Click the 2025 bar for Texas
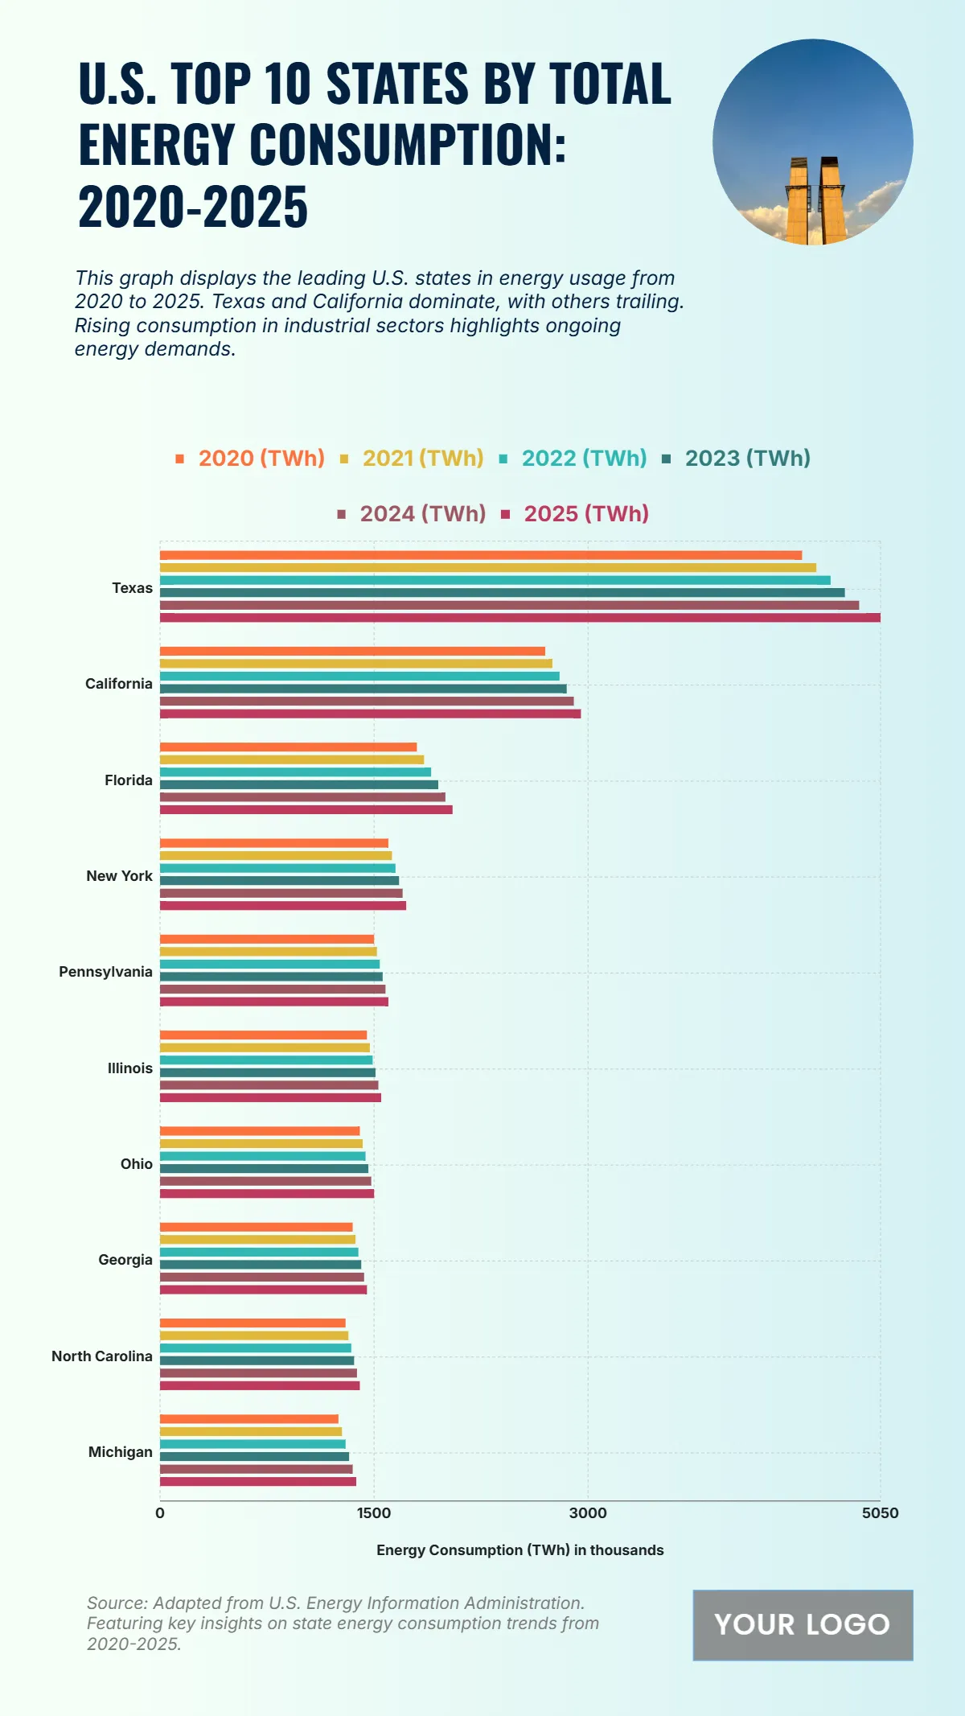click(519, 618)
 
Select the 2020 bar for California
click(352, 651)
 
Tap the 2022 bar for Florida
click(295, 772)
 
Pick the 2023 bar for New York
click(279, 881)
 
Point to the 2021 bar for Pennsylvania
click(268, 952)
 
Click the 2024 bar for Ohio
click(265, 1181)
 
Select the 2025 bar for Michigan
click(257, 1481)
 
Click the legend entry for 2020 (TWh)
click(250, 459)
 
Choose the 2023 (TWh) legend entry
click(737, 459)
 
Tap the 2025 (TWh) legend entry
click(576, 514)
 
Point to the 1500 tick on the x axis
click(374, 1513)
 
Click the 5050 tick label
click(880, 1513)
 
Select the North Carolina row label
click(102, 1356)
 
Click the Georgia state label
click(125, 1260)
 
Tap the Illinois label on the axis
click(130, 1068)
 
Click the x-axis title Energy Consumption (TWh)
click(519, 1550)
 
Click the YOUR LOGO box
click(803, 1625)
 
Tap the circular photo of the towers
click(812, 142)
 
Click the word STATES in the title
click(396, 84)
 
